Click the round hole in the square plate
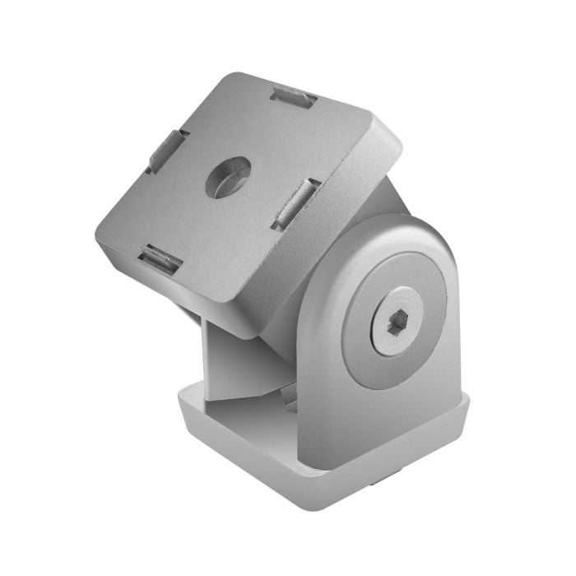[x=227, y=177]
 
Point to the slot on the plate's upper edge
[x=293, y=99]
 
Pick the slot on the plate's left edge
[x=168, y=151]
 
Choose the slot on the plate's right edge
[x=295, y=203]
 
